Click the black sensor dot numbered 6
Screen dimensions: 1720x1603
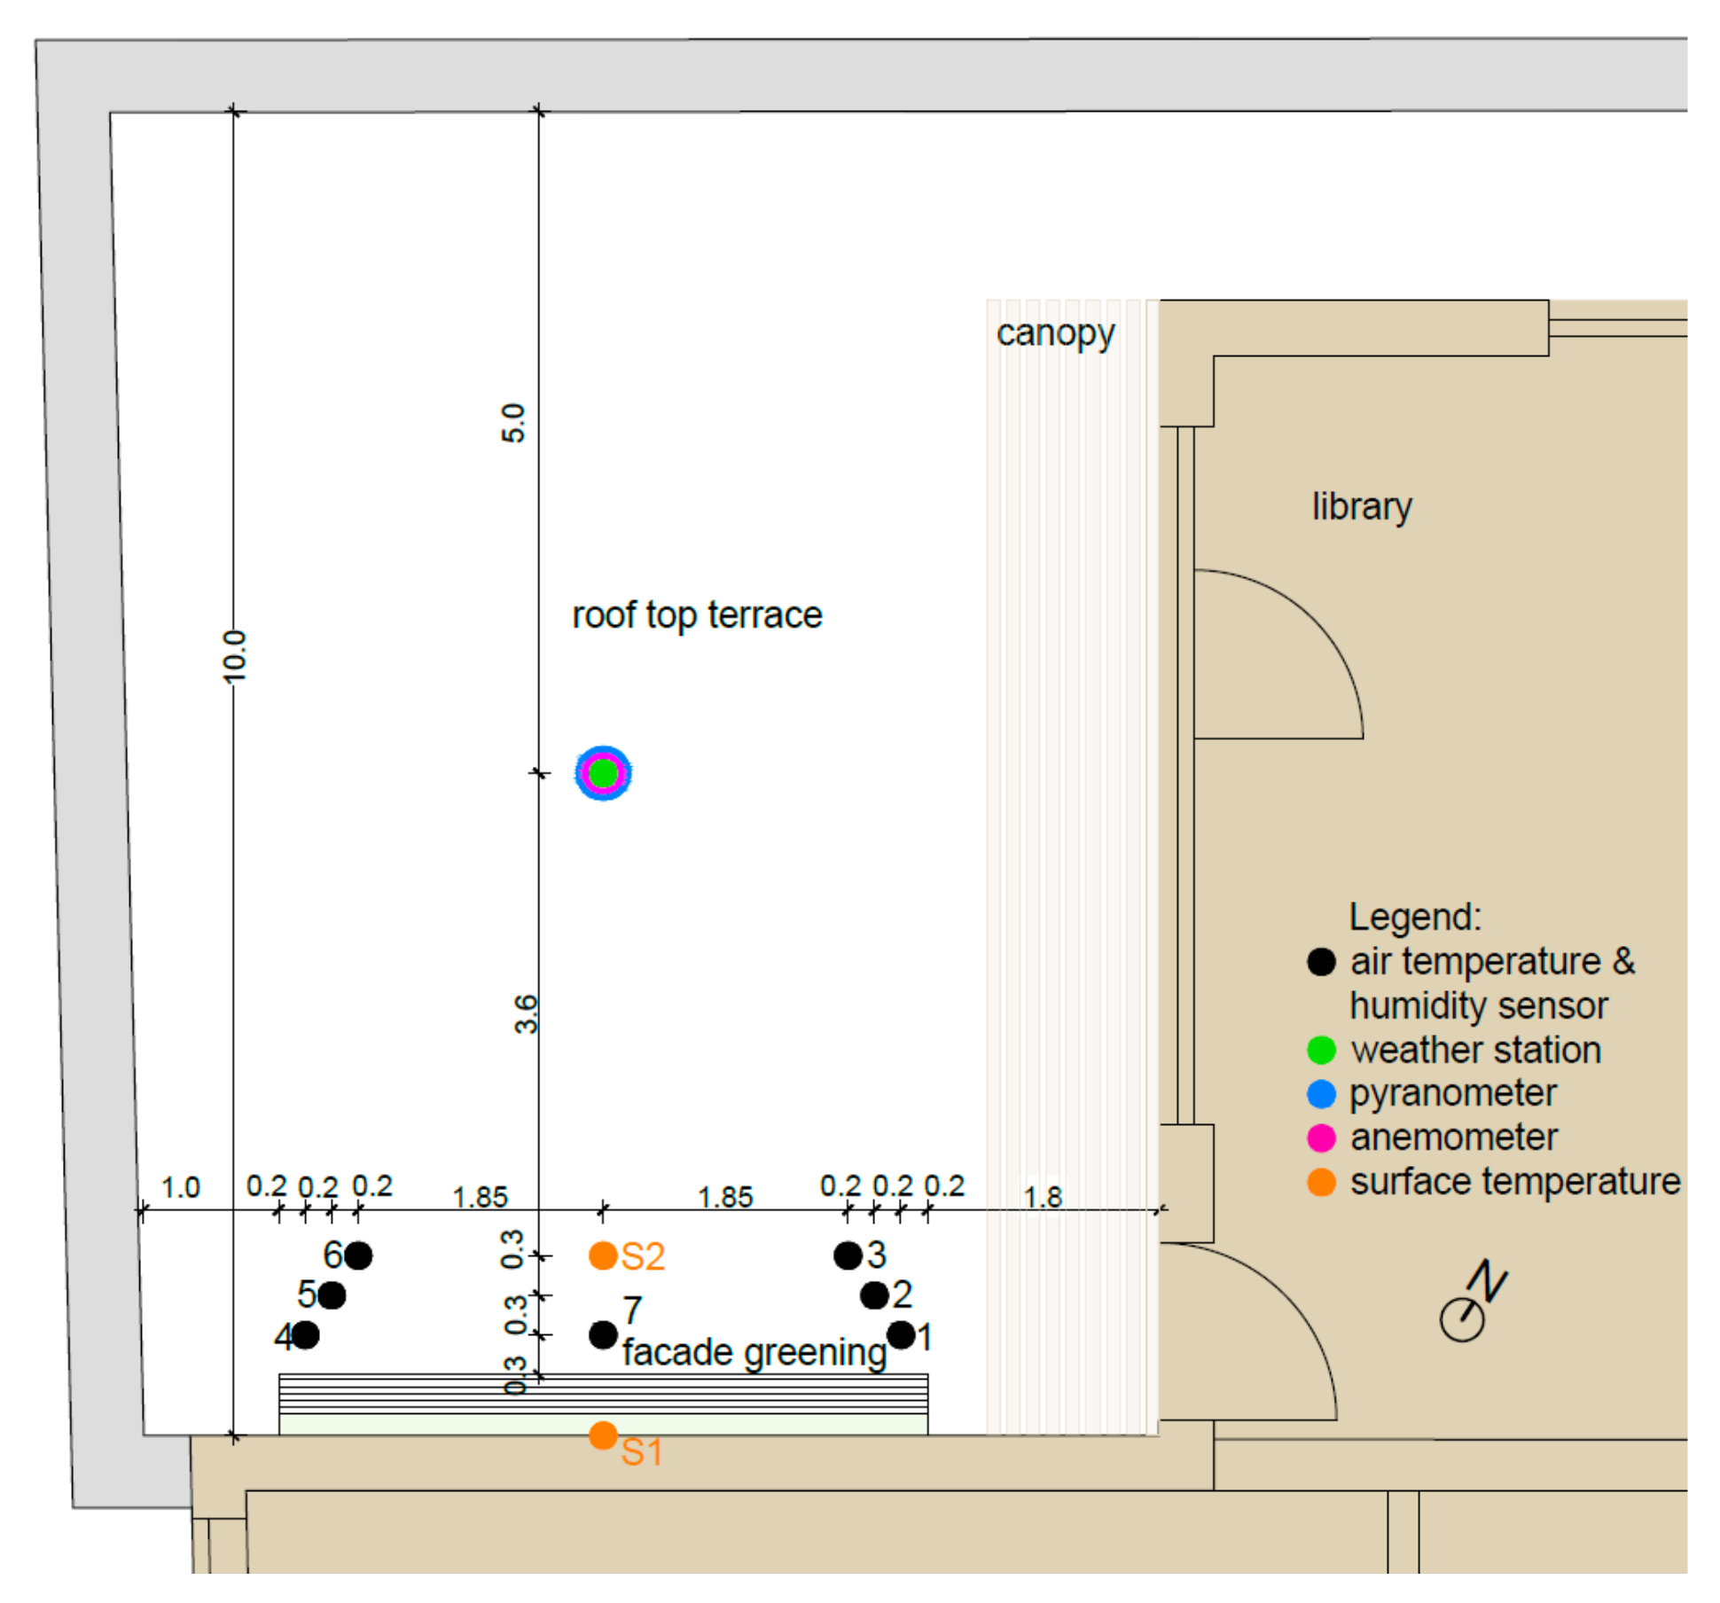[358, 1255]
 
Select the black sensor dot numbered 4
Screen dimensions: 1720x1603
[305, 1334]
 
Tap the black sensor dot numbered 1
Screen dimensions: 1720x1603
[901, 1334]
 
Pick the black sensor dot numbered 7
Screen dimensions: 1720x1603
[603, 1334]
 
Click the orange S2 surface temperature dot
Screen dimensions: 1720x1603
[603, 1255]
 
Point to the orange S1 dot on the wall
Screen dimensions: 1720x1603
[603, 1435]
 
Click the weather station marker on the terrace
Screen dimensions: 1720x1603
[603, 773]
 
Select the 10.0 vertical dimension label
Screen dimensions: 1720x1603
[235, 656]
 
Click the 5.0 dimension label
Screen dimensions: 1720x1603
[513, 423]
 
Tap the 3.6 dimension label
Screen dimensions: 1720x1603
[526, 1014]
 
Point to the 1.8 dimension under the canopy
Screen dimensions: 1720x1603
[1043, 1197]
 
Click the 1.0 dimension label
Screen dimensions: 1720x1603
[180, 1187]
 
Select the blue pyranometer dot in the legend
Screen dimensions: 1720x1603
[1321, 1094]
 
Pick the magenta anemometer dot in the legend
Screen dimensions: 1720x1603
[1321, 1138]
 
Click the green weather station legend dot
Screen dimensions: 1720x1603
[1321, 1051]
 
